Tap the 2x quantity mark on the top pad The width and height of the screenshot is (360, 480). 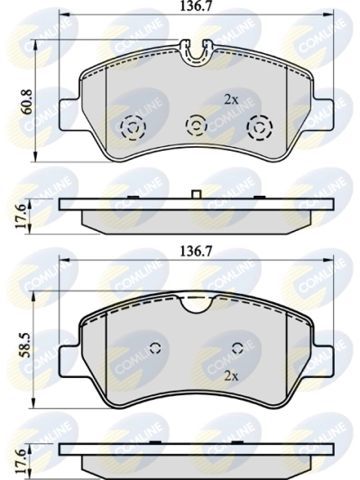tap(231, 99)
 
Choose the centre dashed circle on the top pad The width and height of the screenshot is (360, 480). tap(196, 125)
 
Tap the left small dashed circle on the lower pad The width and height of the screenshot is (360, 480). tap(154, 348)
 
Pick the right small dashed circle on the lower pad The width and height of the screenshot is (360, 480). tap(237, 348)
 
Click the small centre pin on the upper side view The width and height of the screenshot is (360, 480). tap(196, 194)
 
